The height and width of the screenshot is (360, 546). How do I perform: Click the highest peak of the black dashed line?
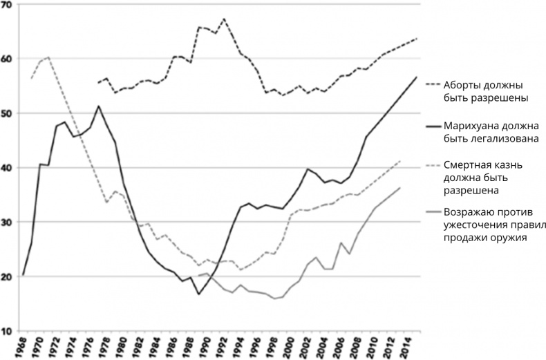point(224,19)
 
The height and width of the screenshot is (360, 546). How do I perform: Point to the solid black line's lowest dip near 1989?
point(199,294)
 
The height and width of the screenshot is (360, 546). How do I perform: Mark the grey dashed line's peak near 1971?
point(48,57)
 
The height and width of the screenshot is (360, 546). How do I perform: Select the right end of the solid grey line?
point(399,187)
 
